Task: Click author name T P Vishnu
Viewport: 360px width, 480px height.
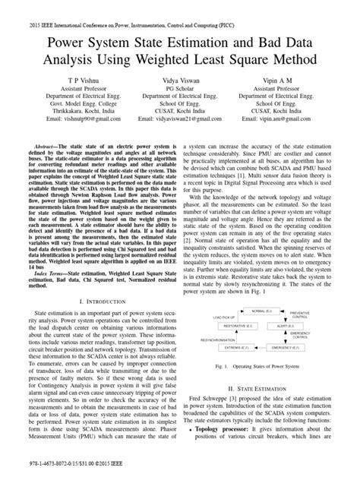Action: pyautogui.click(x=63, y=79)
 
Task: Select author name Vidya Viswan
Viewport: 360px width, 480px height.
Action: pyautogui.click(x=180, y=79)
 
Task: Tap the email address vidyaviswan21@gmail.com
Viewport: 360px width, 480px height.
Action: pyautogui.click(x=180, y=120)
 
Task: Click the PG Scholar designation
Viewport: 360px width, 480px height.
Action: pyautogui.click(x=180, y=89)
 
